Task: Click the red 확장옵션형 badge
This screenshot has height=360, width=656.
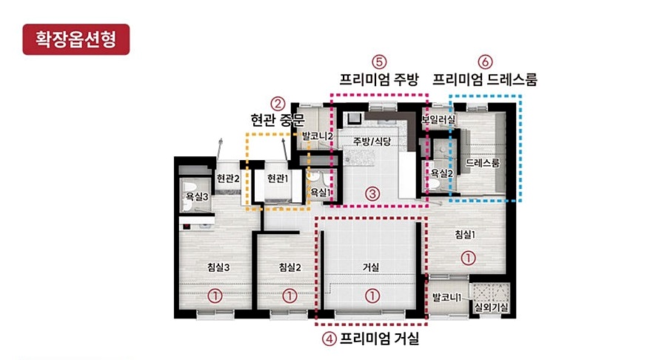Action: click(x=76, y=39)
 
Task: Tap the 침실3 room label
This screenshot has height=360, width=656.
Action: click(x=218, y=267)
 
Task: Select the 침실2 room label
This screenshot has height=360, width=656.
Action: click(x=290, y=267)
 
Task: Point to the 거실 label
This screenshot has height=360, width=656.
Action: click(x=371, y=267)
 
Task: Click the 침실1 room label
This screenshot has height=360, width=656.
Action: click(x=465, y=234)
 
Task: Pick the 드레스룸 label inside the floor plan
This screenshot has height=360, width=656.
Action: click(x=483, y=162)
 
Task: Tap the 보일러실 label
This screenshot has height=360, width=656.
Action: click(x=438, y=119)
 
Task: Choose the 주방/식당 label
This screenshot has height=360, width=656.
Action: click(x=372, y=141)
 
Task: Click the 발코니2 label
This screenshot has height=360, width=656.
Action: click(x=318, y=136)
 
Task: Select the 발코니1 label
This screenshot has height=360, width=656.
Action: click(x=446, y=298)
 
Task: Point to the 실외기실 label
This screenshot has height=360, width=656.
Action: click(x=491, y=307)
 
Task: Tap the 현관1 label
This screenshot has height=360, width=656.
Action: click(x=278, y=179)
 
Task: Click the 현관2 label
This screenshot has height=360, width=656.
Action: click(x=228, y=179)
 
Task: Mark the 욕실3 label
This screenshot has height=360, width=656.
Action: click(x=198, y=196)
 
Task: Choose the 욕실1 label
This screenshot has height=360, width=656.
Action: click(x=320, y=192)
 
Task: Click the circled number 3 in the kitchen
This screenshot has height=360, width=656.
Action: click(x=372, y=193)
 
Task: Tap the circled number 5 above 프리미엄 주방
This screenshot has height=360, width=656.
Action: click(x=379, y=62)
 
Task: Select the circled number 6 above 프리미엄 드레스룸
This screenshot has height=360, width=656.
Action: click(x=485, y=62)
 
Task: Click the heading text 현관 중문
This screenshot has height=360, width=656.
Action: click(x=278, y=120)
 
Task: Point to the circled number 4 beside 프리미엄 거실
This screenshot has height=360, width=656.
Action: click(x=329, y=339)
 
